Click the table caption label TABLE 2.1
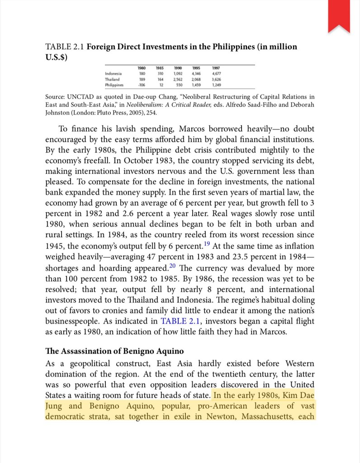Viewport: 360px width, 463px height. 64,48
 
